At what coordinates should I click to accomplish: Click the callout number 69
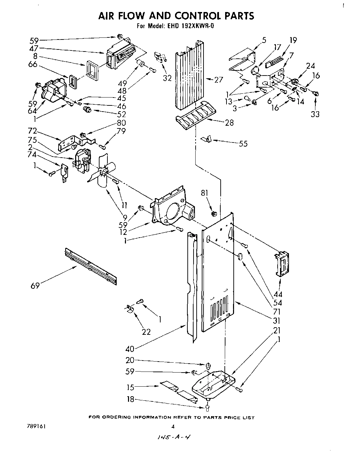35,285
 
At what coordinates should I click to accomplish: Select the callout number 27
218,80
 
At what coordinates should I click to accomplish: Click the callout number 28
229,123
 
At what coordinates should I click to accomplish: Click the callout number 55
243,144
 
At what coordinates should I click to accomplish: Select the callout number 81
205,193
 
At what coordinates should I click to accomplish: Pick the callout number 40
130,349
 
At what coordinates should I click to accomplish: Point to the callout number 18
130,399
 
